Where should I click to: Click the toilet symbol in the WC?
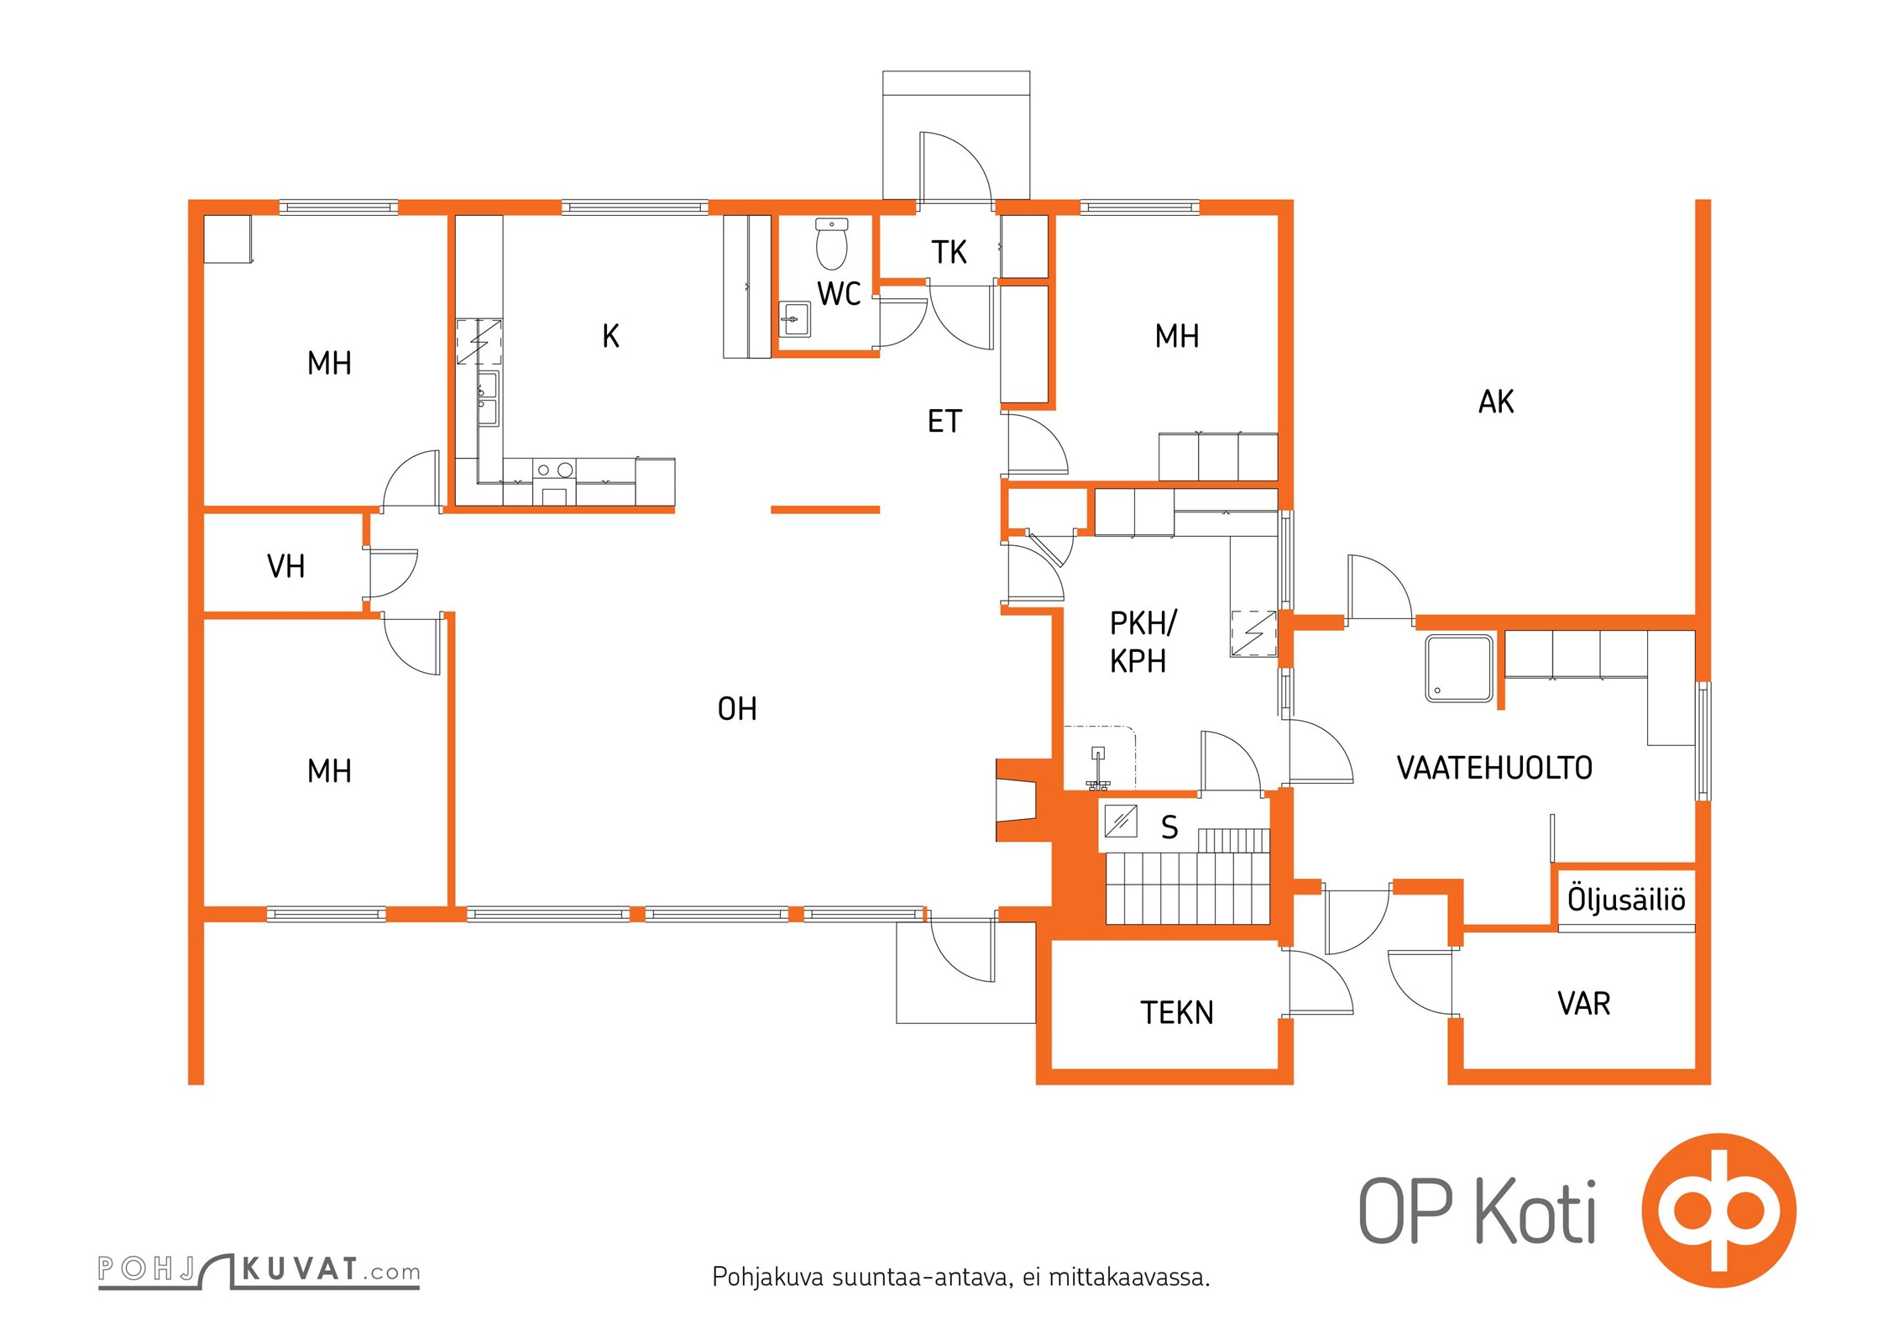click(x=831, y=244)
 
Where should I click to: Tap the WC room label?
click(x=839, y=294)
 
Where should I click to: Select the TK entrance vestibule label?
click(x=949, y=252)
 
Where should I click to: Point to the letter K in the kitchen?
click(x=610, y=336)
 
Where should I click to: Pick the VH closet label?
click(x=285, y=566)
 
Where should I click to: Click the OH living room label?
click(x=737, y=709)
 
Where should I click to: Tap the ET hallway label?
click(x=944, y=421)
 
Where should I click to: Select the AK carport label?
click(x=1496, y=402)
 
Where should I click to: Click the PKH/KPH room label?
click(x=1142, y=642)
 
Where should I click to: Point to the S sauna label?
click(x=1169, y=827)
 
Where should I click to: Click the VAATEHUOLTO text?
click(x=1494, y=768)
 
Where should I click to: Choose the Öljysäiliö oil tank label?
click(x=1626, y=899)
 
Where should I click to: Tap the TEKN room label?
click(x=1177, y=1013)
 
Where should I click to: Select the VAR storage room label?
click(x=1584, y=1004)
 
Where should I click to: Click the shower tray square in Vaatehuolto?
click(x=1459, y=669)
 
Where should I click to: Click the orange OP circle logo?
click(x=1719, y=1210)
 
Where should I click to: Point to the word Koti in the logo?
click(x=1535, y=1210)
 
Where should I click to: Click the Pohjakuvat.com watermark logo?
click(x=259, y=1270)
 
